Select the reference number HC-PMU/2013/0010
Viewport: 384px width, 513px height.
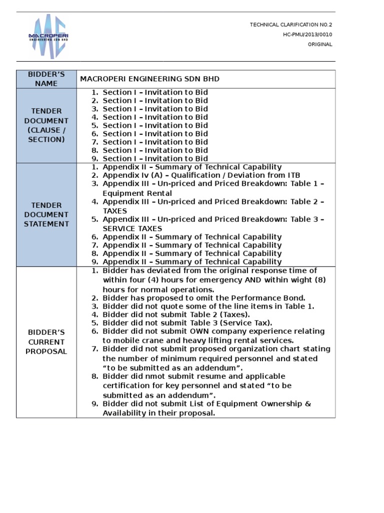point(307,34)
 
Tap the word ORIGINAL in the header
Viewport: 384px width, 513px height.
point(319,44)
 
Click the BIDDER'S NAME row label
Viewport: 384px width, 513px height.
point(46,79)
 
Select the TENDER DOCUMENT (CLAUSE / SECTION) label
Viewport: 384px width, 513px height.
point(46,125)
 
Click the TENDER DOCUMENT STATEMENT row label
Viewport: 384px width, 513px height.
point(46,214)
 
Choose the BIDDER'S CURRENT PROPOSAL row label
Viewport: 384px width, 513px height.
point(46,342)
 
